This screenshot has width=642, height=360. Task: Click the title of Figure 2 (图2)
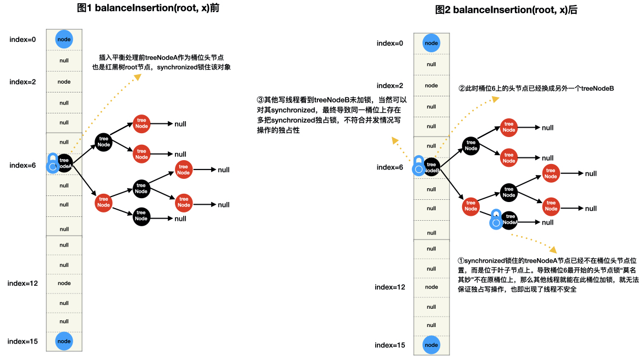coord(506,10)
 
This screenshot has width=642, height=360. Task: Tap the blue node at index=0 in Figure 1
coord(64,39)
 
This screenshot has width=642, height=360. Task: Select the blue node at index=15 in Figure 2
coord(431,345)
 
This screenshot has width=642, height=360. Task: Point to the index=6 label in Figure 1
coord(23,165)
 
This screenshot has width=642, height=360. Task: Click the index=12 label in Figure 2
coord(390,287)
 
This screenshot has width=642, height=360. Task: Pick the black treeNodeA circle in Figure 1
coord(65,163)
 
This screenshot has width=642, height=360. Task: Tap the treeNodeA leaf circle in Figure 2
coord(509,222)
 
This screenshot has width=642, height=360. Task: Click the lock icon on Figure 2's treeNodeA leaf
coord(496,220)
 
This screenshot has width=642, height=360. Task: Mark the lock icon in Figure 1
coord(52,163)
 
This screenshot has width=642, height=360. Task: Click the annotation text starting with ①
coord(548,274)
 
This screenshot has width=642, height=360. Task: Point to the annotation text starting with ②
coord(536,89)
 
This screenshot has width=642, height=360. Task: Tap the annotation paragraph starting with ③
coord(332,116)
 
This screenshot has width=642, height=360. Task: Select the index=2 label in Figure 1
coord(23,81)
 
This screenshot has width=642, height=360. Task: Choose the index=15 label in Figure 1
coord(23,341)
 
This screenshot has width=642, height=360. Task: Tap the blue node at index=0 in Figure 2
coord(431,43)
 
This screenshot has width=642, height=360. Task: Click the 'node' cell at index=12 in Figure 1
coord(64,283)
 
